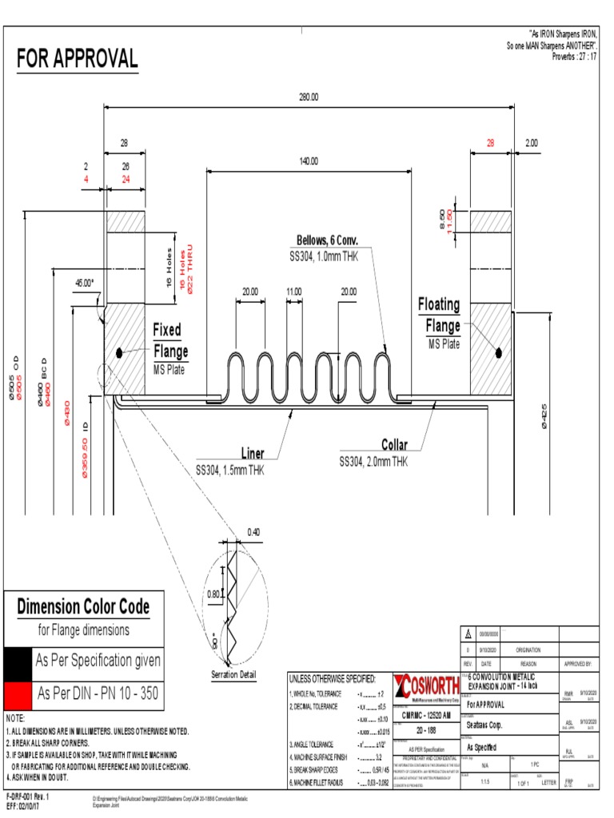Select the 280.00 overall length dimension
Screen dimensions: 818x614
coord(309,97)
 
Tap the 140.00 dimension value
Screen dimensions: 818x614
coord(309,161)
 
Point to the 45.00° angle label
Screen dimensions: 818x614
coord(84,283)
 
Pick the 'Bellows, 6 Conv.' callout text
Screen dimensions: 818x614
coord(327,240)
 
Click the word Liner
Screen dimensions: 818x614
coord(253,454)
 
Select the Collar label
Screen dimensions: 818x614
coord(394,445)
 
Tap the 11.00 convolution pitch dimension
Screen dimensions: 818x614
coord(293,292)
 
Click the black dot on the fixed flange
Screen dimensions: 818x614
coord(118,352)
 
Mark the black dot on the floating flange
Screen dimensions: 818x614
coord(497,351)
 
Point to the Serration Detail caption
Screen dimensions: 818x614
coord(233,675)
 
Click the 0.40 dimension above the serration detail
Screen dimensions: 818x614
coord(253,532)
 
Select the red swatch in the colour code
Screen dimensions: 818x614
coord(17,693)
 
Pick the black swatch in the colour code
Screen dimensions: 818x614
coord(17,661)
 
